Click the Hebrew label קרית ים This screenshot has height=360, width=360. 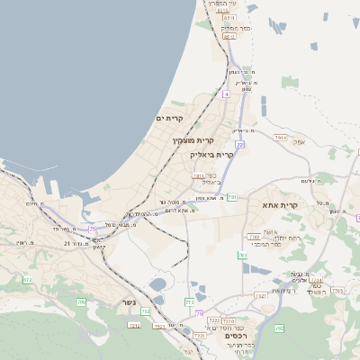169,118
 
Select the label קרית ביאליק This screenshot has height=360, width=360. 212,154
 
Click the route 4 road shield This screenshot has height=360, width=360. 228,94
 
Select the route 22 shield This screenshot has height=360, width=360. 239,144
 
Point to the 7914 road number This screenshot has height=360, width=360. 280,138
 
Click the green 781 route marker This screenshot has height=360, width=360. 232,197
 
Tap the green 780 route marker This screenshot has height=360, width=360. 243,256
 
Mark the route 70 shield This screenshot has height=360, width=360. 199,314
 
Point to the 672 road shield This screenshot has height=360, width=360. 27,280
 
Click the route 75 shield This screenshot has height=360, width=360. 93,229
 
